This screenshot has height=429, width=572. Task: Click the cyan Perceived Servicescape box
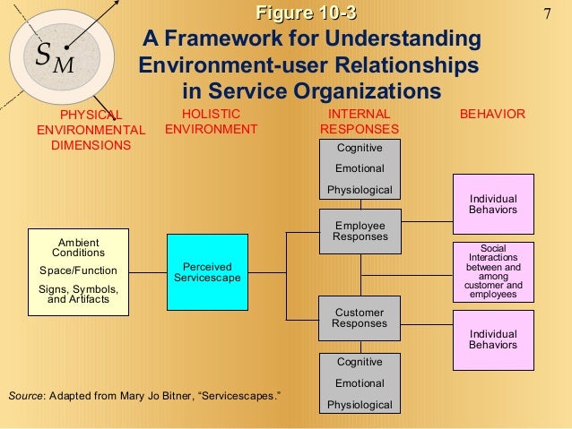point(207,273)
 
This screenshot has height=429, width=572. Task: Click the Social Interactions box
point(493,270)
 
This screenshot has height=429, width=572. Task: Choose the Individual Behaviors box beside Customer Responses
point(493,339)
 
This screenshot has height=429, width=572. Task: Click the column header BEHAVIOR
point(492,115)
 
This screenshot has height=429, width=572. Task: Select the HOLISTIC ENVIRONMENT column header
point(212,122)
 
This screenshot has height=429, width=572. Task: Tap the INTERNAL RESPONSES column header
point(360,122)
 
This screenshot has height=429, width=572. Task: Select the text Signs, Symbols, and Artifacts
point(79,295)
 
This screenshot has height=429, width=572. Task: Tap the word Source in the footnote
point(23,395)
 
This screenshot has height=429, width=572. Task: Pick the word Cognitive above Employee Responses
point(359,148)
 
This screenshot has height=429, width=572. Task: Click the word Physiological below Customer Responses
point(359,405)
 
